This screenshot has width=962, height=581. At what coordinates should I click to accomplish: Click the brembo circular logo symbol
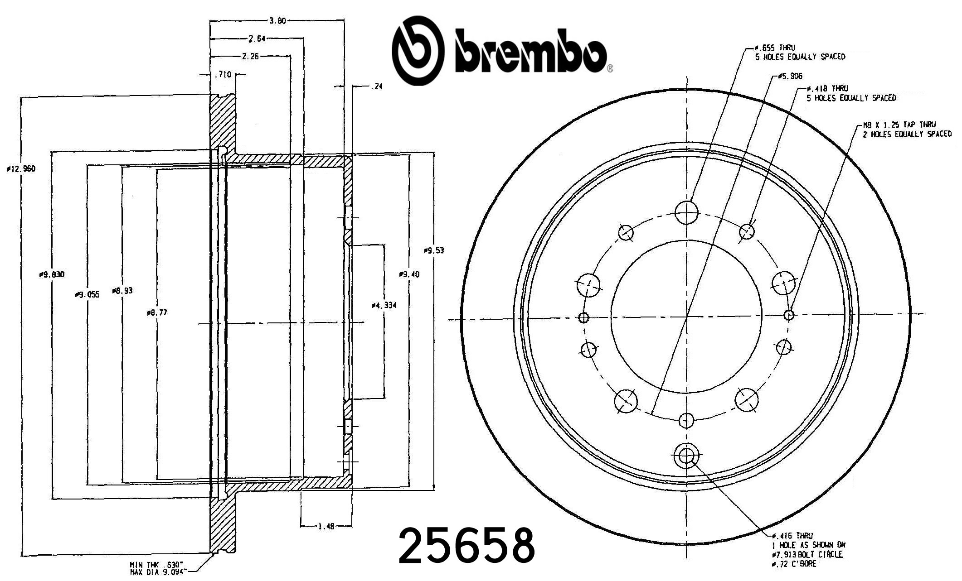tap(417, 51)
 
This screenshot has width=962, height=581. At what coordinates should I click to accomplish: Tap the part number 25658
tap(467, 546)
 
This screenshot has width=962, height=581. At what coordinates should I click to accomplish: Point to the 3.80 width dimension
tap(277, 20)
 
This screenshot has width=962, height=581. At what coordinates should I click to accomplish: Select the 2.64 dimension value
tap(257, 38)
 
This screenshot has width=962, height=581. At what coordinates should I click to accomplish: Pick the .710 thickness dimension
tap(223, 74)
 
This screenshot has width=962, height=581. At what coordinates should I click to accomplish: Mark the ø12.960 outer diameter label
tap(21, 169)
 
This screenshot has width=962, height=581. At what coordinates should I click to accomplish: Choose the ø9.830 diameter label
tap(52, 274)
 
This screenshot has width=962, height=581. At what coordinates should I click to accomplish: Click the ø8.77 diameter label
tap(157, 312)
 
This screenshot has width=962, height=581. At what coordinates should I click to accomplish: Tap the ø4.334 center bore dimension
tap(384, 305)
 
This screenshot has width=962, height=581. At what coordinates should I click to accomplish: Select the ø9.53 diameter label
tap(434, 250)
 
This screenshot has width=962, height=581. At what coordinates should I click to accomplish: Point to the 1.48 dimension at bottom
tap(326, 526)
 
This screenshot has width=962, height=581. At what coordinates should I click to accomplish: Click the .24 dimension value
tap(376, 86)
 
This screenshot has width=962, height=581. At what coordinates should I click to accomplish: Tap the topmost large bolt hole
tap(686, 212)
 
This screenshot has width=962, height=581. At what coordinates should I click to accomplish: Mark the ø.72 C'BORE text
tap(793, 564)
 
